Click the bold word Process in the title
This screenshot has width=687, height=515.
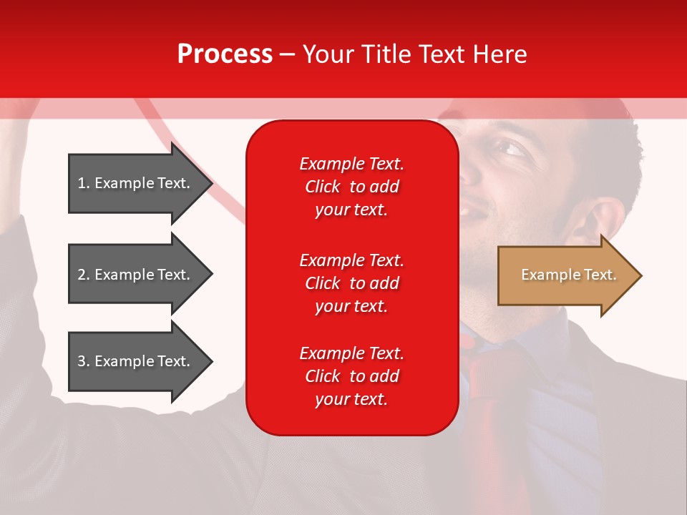click(x=225, y=54)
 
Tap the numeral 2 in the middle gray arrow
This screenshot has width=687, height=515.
click(x=82, y=275)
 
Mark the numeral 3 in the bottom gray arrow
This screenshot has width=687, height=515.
click(x=82, y=361)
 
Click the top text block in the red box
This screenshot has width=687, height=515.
click(x=351, y=187)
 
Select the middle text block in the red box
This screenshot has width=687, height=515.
click(x=351, y=283)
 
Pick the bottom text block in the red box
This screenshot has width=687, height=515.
click(x=351, y=376)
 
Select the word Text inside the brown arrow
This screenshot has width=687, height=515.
click(x=600, y=275)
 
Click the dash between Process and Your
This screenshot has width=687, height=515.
click(x=288, y=54)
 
